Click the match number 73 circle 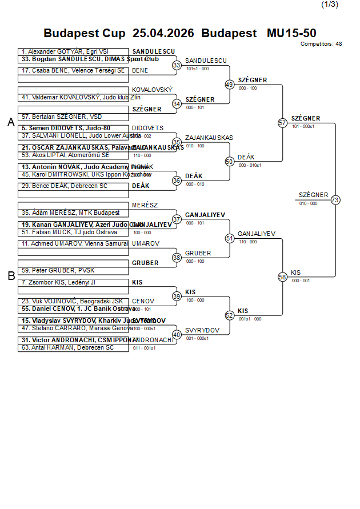tap(335, 200)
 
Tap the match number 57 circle tap(282, 123)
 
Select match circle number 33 tap(177, 65)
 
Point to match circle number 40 tap(177, 334)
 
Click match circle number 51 tap(230, 238)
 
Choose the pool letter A tap(11, 122)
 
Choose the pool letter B tap(11, 276)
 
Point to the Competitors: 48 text tap(321, 43)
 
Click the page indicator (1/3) tap(330, 5)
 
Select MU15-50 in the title tap(291, 33)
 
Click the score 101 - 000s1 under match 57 tap(303, 126)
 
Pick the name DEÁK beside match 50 tap(246, 157)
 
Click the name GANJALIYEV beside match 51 tap(257, 234)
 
